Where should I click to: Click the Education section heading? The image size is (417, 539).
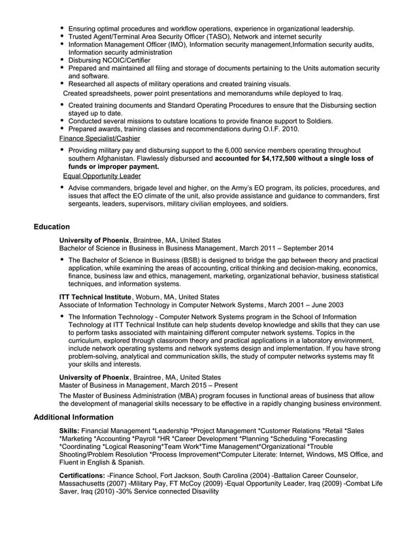point(52,227)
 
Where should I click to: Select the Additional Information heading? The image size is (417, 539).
point(73,417)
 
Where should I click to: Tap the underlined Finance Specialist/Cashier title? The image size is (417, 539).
point(99,138)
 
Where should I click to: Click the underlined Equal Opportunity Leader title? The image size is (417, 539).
point(101,176)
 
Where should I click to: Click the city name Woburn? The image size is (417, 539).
point(148,296)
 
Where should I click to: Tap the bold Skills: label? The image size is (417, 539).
point(69,431)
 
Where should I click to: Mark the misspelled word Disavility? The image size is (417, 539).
point(202,491)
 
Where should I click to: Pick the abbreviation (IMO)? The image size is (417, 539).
point(174,44)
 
